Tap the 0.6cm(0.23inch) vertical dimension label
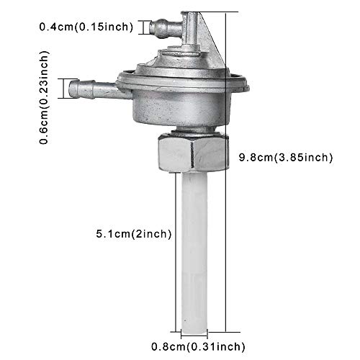coord(44,97)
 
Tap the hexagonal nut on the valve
coord(189,152)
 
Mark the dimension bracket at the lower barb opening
coord(72,89)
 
